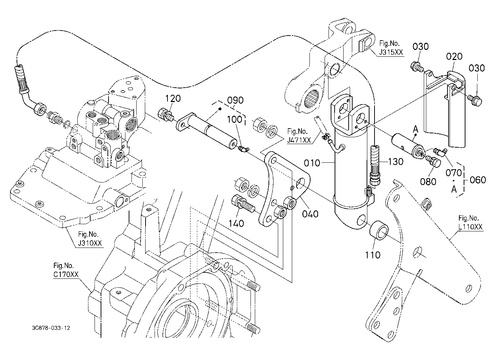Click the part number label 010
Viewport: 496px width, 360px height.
click(312, 163)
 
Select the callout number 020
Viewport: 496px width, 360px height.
click(454, 56)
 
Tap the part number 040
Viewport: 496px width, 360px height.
click(310, 214)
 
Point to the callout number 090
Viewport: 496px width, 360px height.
click(235, 100)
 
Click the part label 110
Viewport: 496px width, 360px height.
click(373, 255)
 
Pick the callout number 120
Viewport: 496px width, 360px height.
click(173, 98)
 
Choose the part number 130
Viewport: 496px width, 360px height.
click(396, 162)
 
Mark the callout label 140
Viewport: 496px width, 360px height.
click(236, 223)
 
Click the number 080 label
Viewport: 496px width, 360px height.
click(428, 181)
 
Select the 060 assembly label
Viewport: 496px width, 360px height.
click(478, 180)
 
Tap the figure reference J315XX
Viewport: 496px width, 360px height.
click(391, 52)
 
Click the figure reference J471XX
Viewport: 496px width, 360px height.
click(299, 140)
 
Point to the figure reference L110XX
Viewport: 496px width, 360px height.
click(470, 227)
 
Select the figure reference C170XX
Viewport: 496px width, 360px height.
click(66, 274)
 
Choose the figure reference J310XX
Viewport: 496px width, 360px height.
click(90, 243)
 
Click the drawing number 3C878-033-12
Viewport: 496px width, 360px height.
click(51, 328)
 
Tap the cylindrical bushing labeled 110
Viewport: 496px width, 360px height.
click(379, 230)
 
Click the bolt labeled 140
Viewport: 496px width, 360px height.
click(243, 203)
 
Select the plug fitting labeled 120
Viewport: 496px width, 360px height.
click(166, 115)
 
